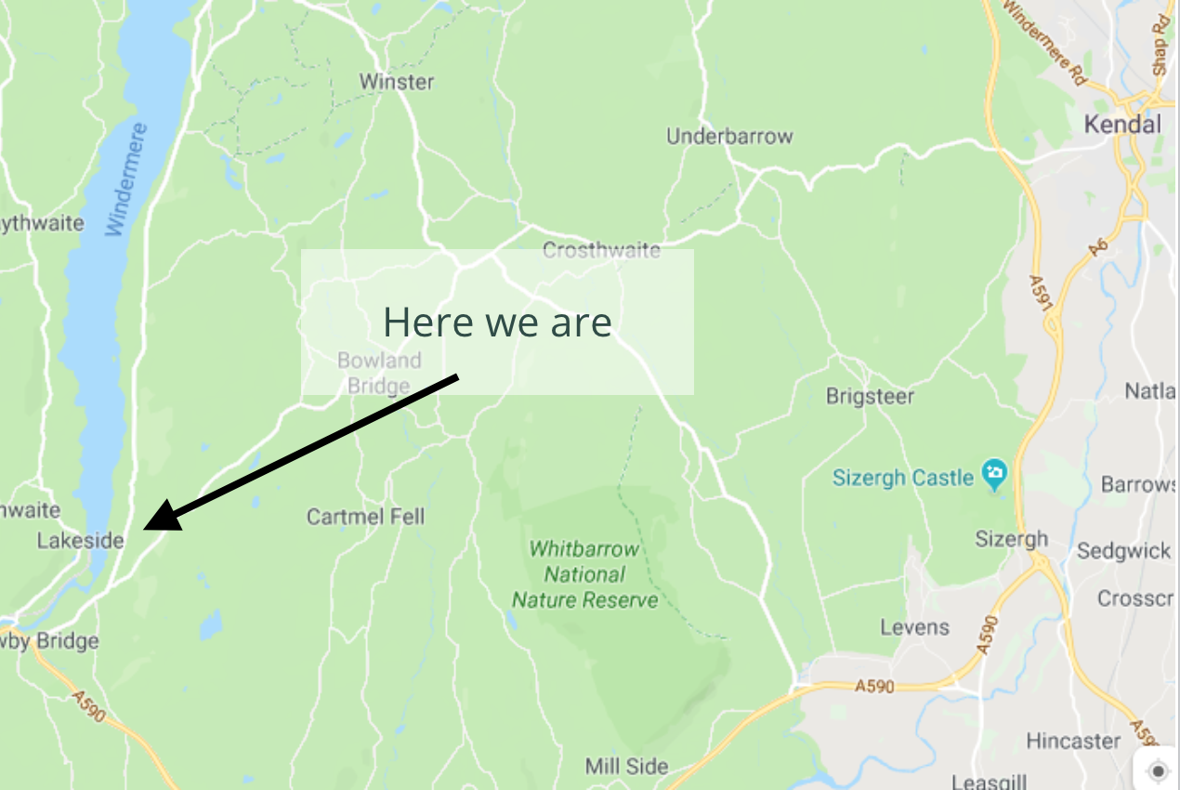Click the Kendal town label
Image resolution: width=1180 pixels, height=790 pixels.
(x=1123, y=125)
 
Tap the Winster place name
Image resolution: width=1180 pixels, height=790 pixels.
(x=397, y=82)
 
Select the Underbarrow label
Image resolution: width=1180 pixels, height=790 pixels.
(x=729, y=137)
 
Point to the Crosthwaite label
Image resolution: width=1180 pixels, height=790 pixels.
(x=601, y=250)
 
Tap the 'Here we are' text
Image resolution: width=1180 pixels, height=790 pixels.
(x=497, y=323)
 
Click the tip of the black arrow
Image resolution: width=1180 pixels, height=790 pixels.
(x=147, y=528)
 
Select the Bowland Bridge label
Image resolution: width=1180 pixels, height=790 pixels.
(x=379, y=373)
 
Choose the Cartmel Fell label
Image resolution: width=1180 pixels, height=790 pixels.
(x=365, y=516)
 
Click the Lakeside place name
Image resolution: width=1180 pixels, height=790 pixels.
(x=80, y=540)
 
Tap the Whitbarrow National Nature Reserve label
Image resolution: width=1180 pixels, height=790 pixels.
(x=584, y=574)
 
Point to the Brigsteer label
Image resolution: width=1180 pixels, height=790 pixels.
(x=870, y=397)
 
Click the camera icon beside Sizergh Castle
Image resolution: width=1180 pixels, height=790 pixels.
(x=995, y=475)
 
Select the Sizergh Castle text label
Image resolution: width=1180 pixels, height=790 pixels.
(x=902, y=478)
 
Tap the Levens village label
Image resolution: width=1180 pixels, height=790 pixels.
(x=915, y=627)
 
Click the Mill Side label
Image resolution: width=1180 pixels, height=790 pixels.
(x=626, y=767)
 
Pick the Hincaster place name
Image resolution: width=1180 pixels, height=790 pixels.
(x=1073, y=741)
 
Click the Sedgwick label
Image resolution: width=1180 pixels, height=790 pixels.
(x=1124, y=551)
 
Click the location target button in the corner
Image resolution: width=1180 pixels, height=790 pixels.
(x=1157, y=770)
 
